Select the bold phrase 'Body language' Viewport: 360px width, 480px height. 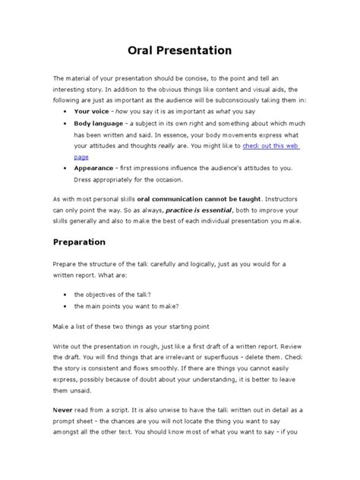coord(99,122)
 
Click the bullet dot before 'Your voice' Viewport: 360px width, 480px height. coord(63,110)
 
